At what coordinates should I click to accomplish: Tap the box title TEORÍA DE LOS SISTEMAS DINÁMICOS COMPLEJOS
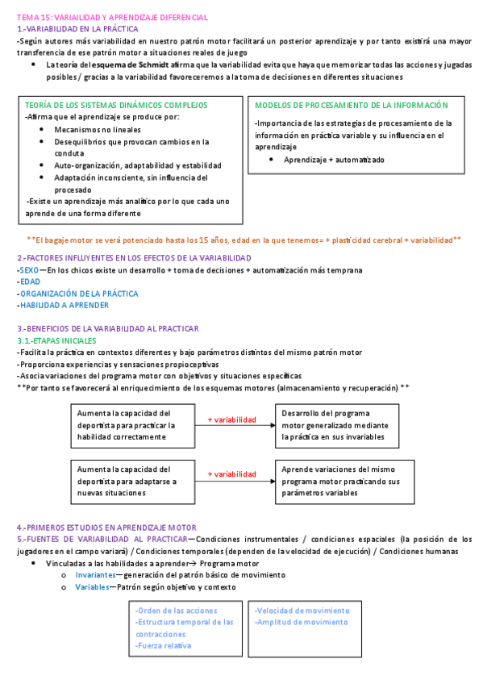point(116,105)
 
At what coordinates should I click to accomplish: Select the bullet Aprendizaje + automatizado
point(334,160)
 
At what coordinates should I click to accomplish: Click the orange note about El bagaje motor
point(244,240)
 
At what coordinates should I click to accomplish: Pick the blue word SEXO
point(28,270)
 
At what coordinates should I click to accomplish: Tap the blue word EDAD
point(30,282)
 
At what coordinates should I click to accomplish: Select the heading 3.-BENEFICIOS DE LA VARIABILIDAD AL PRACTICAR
point(107,328)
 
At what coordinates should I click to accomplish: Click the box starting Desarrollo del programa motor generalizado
point(336,425)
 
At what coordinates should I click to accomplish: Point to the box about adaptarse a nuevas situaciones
point(129,480)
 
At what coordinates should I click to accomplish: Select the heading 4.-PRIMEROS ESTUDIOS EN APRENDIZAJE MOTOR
point(106,527)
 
